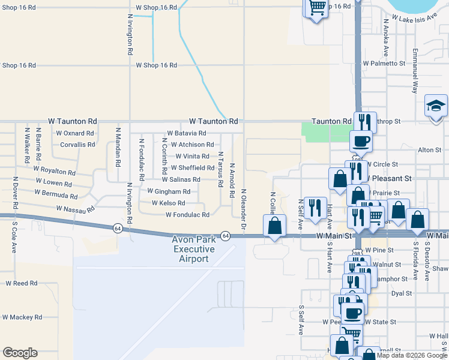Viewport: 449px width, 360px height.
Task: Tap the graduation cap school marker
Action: [435, 107]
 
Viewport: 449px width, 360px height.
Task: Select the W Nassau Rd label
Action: [76, 209]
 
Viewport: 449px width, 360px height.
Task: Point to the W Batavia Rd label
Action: [187, 133]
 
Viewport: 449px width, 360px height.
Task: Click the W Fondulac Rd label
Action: [187, 215]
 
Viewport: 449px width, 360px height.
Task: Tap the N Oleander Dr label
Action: [244, 209]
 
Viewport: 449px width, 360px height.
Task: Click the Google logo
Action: [20, 353]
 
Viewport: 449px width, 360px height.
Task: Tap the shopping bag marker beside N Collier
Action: [274, 226]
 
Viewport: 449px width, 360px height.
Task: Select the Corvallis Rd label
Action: [77, 145]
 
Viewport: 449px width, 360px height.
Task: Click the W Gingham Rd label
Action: [169, 192]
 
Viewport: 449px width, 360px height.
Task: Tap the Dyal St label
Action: [401, 293]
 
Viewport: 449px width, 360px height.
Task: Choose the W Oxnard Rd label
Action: [75, 133]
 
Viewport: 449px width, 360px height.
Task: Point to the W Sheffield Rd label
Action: [192, 168]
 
